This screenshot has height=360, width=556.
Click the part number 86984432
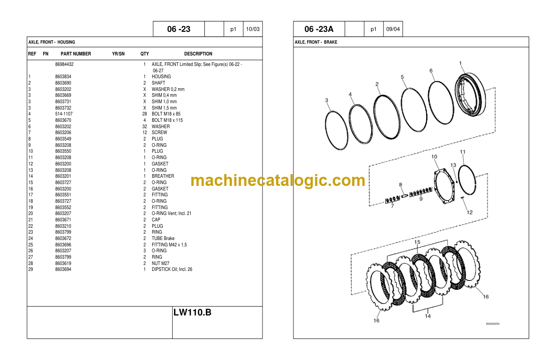point(65,65)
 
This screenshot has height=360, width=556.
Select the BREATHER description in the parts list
point(163,176)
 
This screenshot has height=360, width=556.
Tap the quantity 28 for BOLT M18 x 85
point(144,114)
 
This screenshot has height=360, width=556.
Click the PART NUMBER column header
point(76,54)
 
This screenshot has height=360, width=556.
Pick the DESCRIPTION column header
point(198,54)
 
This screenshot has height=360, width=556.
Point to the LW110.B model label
point(192,312)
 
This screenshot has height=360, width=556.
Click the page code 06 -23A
point(319,29)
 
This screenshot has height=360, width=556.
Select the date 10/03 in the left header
point(253,29)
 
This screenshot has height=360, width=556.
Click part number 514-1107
point(64,114)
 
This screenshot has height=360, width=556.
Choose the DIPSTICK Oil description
point(172,269)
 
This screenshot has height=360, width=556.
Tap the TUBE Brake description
point(163,239)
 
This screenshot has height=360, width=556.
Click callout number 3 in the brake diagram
point(327,100)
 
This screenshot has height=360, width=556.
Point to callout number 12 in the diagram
point(470,212)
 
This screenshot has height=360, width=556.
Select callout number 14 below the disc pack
point(427,316)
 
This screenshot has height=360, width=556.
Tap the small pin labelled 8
point(404,196)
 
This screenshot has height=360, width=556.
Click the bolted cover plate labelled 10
point(444,186)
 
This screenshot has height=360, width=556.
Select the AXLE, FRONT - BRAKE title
point(316,42)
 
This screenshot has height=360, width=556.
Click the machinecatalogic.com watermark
point(278,180)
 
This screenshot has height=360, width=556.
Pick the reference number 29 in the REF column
point(30,269)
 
